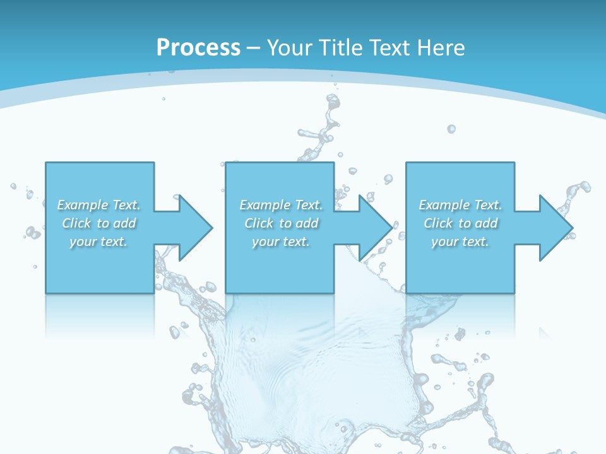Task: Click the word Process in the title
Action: point(198,48)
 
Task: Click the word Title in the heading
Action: point(342,48)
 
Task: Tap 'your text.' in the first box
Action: point(98,242)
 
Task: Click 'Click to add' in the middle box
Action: point(281,223)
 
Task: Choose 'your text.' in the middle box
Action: point(280,242)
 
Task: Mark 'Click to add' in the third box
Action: point(461,223)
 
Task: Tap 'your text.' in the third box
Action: point(460,242)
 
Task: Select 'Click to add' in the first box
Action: point(99,223)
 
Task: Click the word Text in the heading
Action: point(388,48)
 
